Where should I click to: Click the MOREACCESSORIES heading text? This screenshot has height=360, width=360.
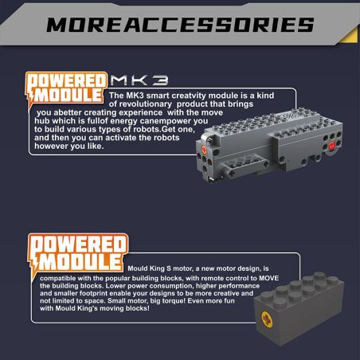pyautogui.click(x=180, y=25)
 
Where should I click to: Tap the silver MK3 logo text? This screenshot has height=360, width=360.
pyautogui.click(x=139, y=80)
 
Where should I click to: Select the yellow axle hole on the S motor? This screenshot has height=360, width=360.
pyautogui.click(x=267, y=319)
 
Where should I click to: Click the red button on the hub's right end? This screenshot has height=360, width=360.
pyautogui.click(x=332, y=145)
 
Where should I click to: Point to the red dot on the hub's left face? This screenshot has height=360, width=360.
pyautogui.click(x=204, y=149)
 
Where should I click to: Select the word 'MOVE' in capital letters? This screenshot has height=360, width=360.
pyautogui.click(x=269, y=278)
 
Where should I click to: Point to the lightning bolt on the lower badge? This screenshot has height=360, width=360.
pyautogui.click(x=34, y=268)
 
